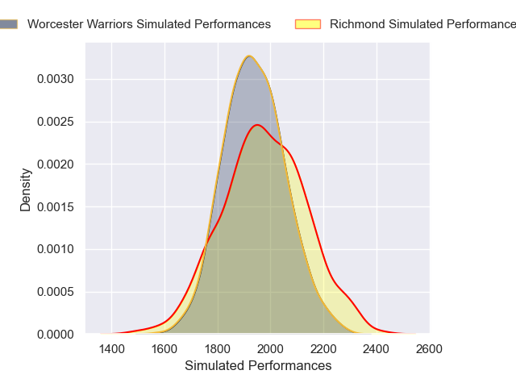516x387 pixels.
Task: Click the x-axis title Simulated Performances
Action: tap(258, 365)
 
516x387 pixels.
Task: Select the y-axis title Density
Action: tap(26, 189)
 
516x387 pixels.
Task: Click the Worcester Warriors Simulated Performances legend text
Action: tap(148, 24)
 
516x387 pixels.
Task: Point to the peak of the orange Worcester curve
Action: tap(249, 56)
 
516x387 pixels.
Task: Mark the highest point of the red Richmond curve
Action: tap(257, 125)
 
